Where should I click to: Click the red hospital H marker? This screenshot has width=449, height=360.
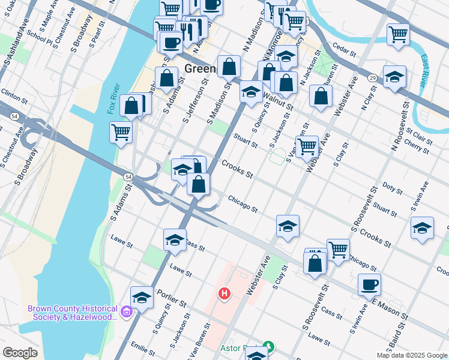point(224,293)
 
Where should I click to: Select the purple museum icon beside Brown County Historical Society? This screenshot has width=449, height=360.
point(126,312)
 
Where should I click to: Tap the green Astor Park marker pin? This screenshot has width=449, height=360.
point(270,347)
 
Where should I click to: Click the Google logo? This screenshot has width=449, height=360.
point(20,353)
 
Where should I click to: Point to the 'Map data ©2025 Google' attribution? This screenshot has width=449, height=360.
point(412,355)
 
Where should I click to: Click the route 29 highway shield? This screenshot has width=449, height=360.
point(372,78)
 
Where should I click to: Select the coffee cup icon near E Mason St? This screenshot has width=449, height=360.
point(369,284)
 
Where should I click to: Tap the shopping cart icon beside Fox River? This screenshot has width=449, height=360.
point(121,131)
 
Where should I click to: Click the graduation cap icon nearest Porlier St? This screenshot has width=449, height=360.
point(142,296)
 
